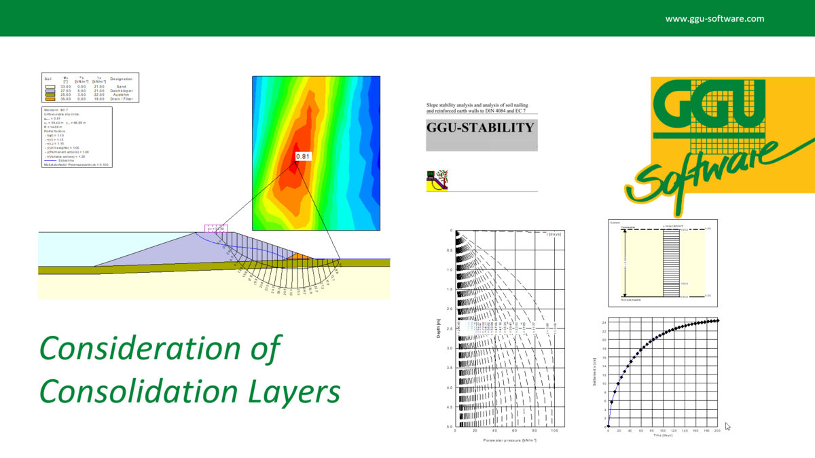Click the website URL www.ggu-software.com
click(714, 19)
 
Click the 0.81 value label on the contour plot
click(304, 157)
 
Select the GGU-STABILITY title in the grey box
click(480, 128)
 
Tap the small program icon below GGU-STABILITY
click(437, 180)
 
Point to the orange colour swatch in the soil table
click(50, 99)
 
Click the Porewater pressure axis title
click(506, 440)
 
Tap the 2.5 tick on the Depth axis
click(449, 328)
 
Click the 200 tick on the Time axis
click(718, 431)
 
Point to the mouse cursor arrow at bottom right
click(728, 426)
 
